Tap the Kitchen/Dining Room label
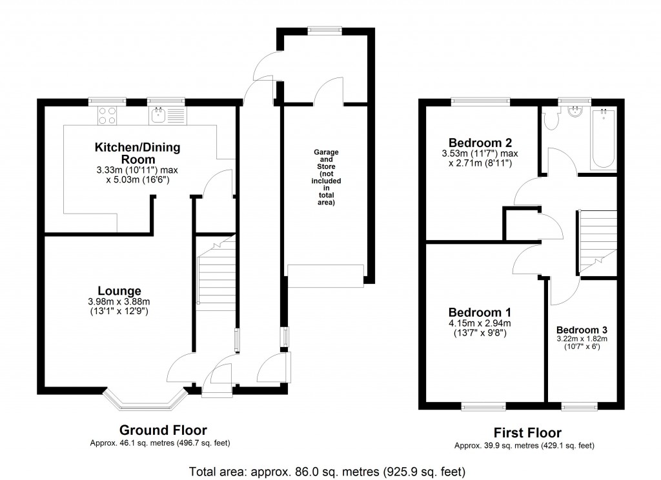pos(137,154)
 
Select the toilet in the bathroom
pos(551,119)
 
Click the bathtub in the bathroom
pos(604,137)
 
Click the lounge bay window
pos(145,400)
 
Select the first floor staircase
pos(595,239)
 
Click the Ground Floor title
pos(163,430)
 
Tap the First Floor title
pos(527,433)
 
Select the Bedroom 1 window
pos(483,406)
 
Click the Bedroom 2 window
pos(480,101)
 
